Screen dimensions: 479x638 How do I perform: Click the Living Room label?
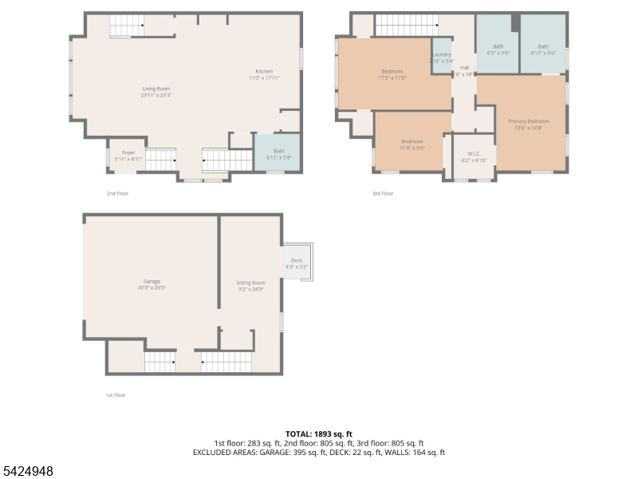pos(156,92)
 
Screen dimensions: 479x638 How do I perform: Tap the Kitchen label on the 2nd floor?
pos(264,75)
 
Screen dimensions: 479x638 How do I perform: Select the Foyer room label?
pos(128,155)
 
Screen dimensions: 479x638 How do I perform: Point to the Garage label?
pos(152,284)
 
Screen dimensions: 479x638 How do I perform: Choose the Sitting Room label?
pos(250,286)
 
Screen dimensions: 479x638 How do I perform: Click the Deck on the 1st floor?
pos(297,263)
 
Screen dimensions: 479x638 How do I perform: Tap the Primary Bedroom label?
pos(528,124)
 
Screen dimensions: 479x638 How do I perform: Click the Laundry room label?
pos(442,57)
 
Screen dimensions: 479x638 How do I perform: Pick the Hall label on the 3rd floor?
pos(464,71)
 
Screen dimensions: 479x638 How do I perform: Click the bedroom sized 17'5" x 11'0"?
pos(393,74)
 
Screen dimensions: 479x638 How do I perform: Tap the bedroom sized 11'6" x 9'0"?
pos(412,144)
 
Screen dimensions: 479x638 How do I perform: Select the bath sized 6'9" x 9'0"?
pos(498,49)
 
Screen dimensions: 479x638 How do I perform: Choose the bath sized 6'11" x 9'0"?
pos(542,49)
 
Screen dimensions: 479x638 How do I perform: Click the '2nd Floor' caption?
pos(117,193)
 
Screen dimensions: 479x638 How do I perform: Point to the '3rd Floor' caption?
pos(382,193)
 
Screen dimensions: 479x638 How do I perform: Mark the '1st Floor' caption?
pos(116,394)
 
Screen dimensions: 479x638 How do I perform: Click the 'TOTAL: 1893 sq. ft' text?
pos(318,433)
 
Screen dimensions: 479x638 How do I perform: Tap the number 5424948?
pos(28,471)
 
